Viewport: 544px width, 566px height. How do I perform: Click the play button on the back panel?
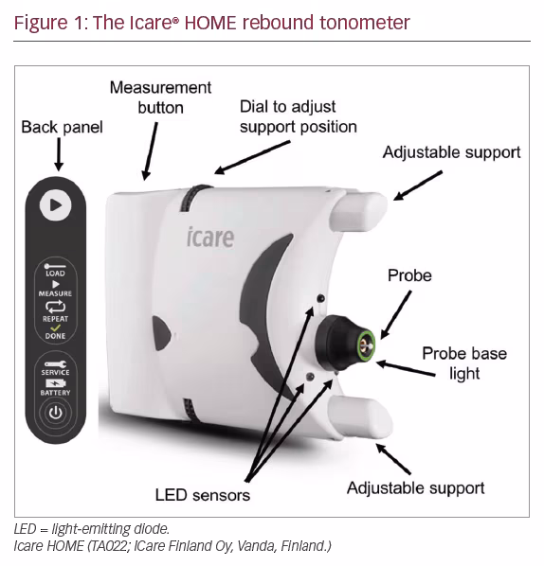coord(55,205)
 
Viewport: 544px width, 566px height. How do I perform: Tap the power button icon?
coord(55,413)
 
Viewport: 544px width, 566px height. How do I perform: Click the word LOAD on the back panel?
coord(55,274)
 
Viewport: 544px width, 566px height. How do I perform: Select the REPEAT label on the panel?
coord(55,319)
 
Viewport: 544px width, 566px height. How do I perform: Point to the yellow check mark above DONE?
coord(55,327)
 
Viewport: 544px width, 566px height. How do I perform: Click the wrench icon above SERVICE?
coord(55,364)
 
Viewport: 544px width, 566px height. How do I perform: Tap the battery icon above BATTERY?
coord(55,383)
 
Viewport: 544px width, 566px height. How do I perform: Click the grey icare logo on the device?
coord(210,238)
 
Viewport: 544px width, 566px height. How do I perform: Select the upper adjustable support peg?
coord(358,211)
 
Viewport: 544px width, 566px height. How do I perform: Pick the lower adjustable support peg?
coord(359,416)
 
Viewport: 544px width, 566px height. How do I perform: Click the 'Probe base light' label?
coord(464,363)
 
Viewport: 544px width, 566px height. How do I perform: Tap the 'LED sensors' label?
coord(203,495)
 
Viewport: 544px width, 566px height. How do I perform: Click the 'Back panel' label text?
coord(62,127)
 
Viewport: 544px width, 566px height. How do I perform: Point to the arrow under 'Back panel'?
coord(59,154)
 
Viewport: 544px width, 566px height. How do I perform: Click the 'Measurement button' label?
coord(160,97)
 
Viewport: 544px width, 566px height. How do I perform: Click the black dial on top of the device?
coord(192,198)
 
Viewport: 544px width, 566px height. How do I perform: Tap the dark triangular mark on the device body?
coord(161,333)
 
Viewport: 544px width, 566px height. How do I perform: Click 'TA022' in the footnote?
coord(109,546)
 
